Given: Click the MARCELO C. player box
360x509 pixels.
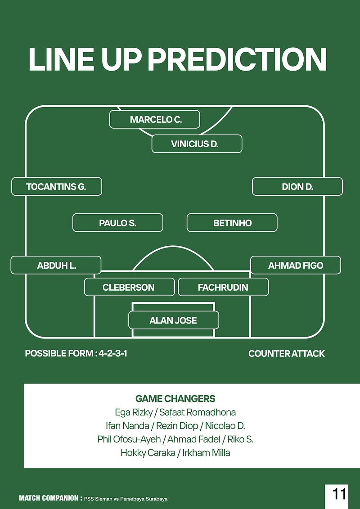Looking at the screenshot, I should (x=154, y=119).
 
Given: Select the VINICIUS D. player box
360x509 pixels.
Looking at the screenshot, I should (x=197, y=144).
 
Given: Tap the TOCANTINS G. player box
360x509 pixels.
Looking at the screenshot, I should (x=57, y=186).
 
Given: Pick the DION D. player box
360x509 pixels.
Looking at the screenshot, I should (x=297, y=186).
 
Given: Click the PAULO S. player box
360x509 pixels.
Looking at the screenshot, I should (x=117, y=223).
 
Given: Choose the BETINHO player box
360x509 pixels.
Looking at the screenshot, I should (x=232, y=223).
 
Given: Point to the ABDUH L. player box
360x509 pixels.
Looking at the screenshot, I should (x=56, y=266).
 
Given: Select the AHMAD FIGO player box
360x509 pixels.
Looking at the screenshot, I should (x=296, y=266).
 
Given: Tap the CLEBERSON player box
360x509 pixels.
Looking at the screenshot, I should (x=129, y=287).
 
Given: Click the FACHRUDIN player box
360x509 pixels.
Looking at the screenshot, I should (x=223, y=287).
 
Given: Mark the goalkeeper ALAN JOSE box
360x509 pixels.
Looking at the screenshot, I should (x=174, y=320).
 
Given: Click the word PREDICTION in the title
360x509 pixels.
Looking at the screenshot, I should (x=237, y=59).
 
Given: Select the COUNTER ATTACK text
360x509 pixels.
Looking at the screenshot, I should (x=286, y=354).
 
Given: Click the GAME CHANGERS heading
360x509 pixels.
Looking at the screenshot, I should (x=175, y=399).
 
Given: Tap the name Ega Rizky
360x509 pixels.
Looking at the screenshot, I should (x=134, y=412).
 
